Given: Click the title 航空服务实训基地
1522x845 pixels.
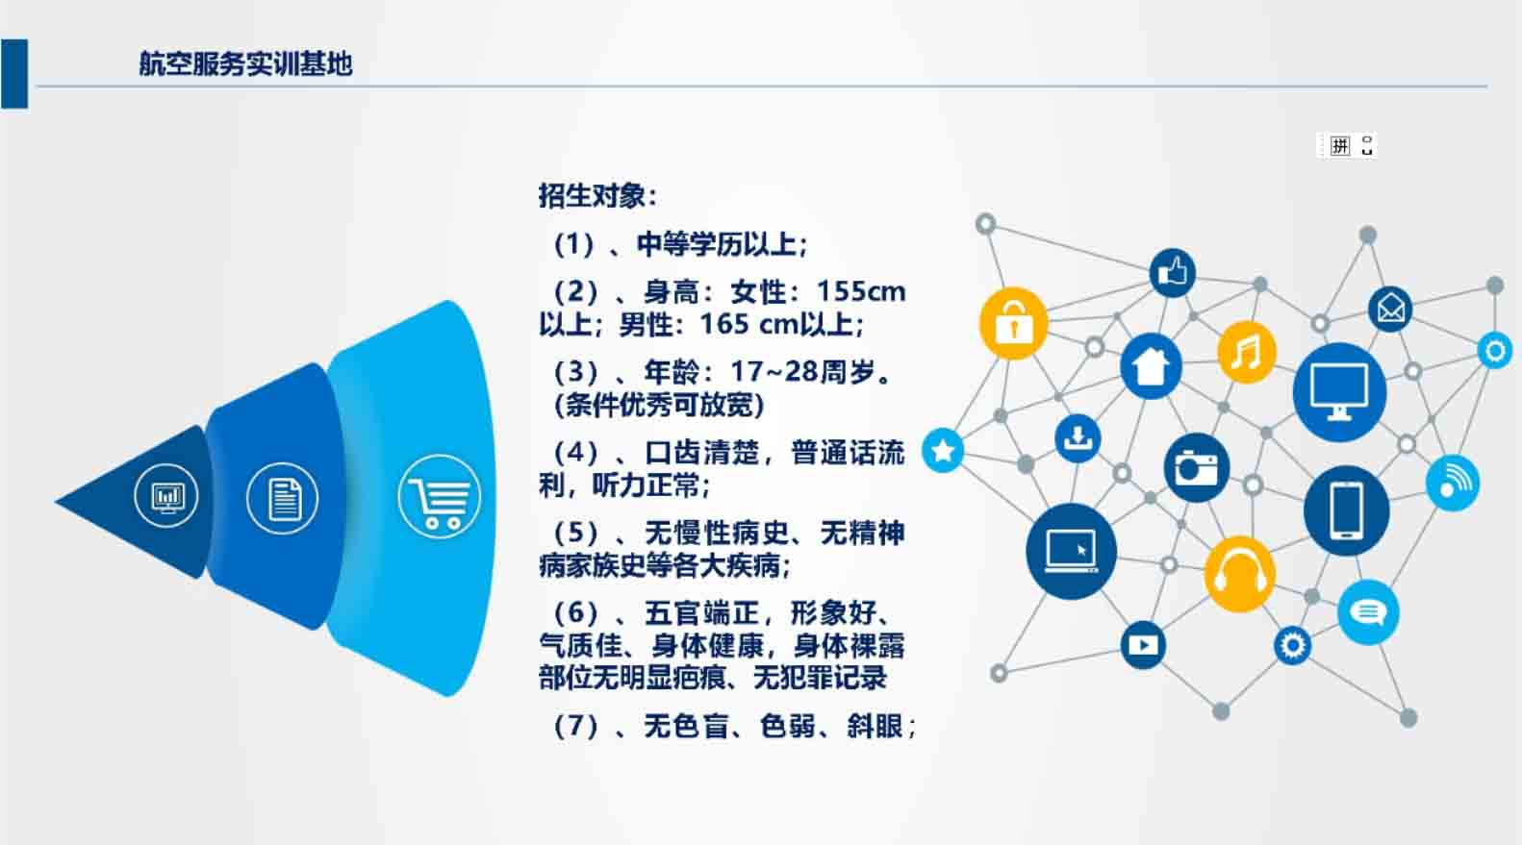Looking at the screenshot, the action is pyautogui.click(x=245, y=63).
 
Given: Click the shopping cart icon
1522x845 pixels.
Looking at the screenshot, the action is pyautogui.click(x=440, y=497).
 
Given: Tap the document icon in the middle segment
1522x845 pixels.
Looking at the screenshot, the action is pyautogui.click(x=282, y=499).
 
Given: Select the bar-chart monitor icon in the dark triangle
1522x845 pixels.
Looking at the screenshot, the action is pyautogui.click(x=166, y=496).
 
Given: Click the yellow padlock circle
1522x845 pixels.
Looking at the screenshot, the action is pyautogui.click(x=1013, y=324).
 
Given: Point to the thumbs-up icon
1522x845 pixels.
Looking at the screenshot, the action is pyautogui.click(x=1173, y=272).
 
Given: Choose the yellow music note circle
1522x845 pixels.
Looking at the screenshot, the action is pyautogui.click(x=1247, y=352).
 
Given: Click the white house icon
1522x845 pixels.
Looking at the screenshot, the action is pyautogui.click(x=1151, y=366).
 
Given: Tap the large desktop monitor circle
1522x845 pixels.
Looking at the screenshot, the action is pyautogui.click(x=1339, y=393).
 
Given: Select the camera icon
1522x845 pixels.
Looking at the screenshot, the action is pyautogui.click(x=1197, y=467).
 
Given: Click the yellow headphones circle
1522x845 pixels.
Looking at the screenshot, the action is pyautogui.click(x=1239, y=574).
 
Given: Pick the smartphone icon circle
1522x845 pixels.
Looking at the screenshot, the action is pyautogui.click(x=1347, y=511).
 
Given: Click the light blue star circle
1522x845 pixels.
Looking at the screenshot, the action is pyautogui.click(x=943, y=450).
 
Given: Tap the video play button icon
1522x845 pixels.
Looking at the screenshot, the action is pyautogui.click(x=1143, y=645).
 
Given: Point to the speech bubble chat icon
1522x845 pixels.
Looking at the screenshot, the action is pyautogui.click(x=1368, y=612).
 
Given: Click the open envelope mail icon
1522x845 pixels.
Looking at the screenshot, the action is pyautogui.click(x=1390, y=310).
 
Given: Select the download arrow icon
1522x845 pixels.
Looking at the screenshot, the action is pyautogui.click(x=1078, y=438).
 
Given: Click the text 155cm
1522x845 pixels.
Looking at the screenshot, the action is pyautogui.click(x=861, y=292).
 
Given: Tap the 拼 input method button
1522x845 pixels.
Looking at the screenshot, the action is pyautogui.click(x=1340, y=146).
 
